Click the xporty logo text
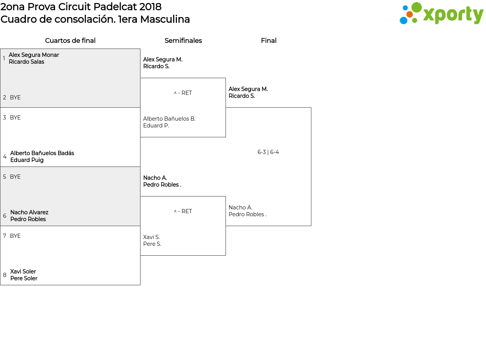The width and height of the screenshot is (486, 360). coord(453,15)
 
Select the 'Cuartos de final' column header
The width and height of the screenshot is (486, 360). coord(70,41)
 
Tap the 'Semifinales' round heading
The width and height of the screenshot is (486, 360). coord(183,41)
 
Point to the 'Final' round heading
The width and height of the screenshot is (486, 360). coord(269,41)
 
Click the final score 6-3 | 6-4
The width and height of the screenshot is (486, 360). coord(268,152)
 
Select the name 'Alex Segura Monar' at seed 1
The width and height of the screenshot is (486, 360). coord(34,55)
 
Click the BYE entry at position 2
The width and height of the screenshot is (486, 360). coord(15,97)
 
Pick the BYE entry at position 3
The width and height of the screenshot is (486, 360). coord(15,117)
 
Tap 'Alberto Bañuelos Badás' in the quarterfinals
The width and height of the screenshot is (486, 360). coord(42,153)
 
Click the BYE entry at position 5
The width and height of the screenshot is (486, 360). coord(15,176)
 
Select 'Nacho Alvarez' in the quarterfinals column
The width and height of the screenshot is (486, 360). coord(29,212)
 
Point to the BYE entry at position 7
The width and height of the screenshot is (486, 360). coord(15,236)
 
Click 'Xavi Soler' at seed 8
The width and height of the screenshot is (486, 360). coord(23,271)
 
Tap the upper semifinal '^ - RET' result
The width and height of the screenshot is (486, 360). coord(183,93)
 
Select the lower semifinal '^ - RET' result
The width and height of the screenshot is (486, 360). coord(183,211)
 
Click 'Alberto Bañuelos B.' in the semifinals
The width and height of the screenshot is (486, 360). coord(169,118)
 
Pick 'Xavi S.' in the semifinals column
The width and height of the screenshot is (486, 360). coord(151,237)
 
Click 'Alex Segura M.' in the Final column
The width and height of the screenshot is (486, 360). coord(248,89)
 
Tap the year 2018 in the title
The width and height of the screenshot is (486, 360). coord(150,7)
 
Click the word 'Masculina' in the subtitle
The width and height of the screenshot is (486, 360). coord(165,19)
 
